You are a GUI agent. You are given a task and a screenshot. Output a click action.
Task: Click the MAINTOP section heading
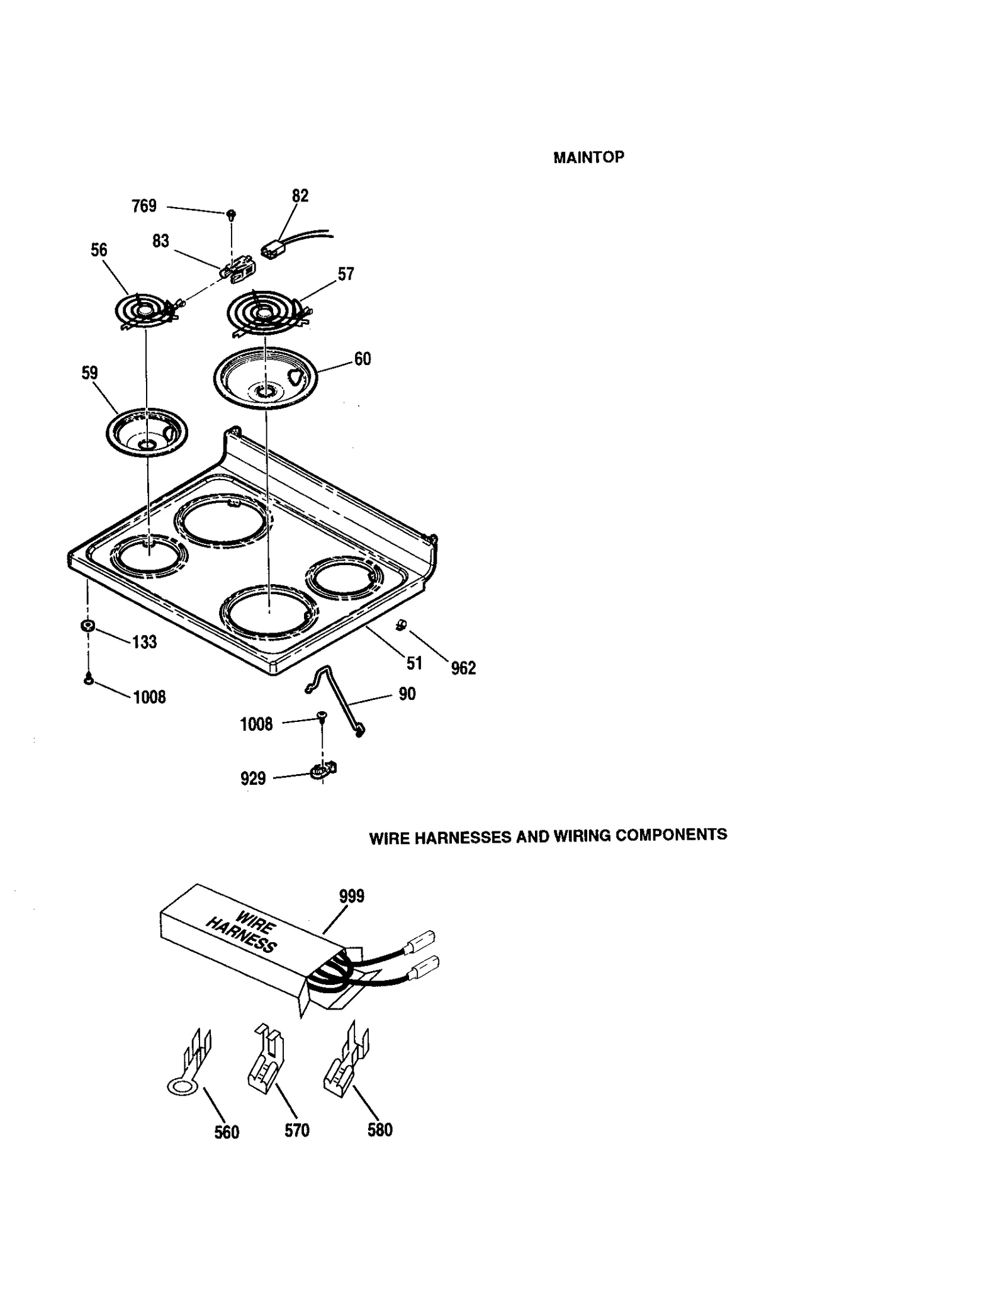click(588, 157)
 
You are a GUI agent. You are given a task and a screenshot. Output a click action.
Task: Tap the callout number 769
click(144, 206)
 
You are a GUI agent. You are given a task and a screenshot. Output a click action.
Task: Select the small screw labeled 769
click(231, 215)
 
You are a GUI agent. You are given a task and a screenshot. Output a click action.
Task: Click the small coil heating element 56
click(143, 312)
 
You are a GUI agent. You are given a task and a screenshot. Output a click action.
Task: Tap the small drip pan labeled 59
click(146, 432)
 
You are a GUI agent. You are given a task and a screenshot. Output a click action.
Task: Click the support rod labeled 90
click(337, 699)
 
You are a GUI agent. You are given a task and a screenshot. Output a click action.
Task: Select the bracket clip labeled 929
click(323, 770)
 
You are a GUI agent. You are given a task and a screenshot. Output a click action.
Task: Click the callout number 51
click(414, 663)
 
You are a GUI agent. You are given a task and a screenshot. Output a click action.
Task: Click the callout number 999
click(351, 896)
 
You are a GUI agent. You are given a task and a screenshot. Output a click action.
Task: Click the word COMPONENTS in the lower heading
click(671, 835)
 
